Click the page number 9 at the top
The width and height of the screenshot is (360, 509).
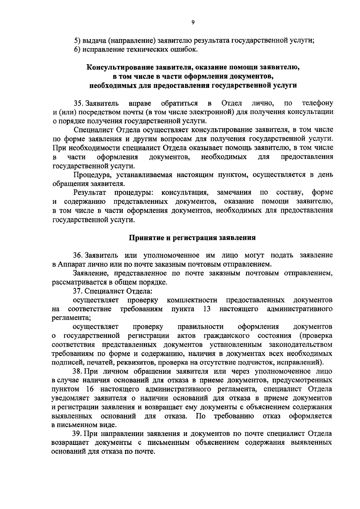193,22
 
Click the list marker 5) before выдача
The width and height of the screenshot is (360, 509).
77,41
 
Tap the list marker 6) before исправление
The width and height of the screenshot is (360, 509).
77,49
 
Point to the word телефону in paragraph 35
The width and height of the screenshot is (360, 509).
317,104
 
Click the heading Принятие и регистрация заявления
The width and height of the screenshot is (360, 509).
192,238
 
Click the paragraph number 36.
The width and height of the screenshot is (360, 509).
79,256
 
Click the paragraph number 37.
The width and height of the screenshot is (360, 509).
79,291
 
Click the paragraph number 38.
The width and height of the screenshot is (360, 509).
79,372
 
